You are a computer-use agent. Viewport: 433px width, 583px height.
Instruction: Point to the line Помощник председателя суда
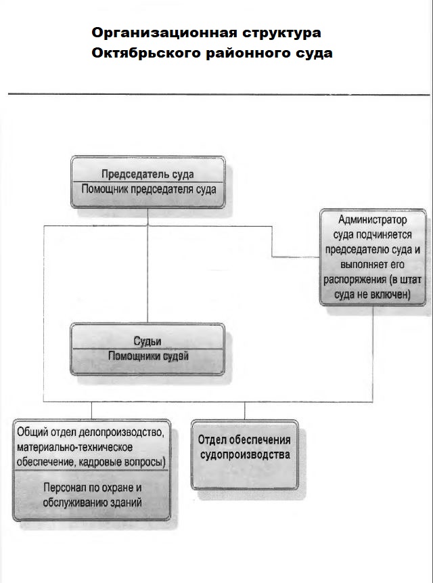coord(148,190)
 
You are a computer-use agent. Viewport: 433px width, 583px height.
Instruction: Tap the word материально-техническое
coord(74,448)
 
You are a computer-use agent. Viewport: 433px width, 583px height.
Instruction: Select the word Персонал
coord(66,488)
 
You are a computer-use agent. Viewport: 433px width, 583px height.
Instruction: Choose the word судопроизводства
coord(245,454)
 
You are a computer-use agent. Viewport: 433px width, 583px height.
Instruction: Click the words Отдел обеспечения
coord(245,440)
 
